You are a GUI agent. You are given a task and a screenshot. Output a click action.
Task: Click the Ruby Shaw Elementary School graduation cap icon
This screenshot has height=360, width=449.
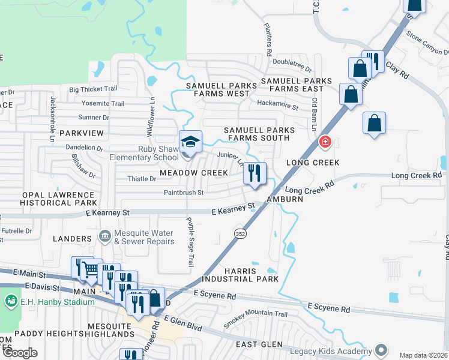(191, 142)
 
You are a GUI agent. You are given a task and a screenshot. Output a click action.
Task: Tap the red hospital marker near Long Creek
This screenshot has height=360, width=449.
(325, 142)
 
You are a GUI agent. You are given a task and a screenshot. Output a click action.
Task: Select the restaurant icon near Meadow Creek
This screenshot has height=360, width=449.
(255, 174)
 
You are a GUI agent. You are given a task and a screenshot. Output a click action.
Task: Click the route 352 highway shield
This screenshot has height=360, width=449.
(240, 233)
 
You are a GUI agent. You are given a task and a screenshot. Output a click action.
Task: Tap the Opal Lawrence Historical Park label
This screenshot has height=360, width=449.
(51, 199)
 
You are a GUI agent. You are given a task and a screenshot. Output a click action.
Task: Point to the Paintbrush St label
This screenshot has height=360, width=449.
(184, 193)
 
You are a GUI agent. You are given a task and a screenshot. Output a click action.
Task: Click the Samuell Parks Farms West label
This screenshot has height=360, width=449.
(221, 89)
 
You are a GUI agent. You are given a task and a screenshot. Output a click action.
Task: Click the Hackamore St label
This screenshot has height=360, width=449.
(277, 107)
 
